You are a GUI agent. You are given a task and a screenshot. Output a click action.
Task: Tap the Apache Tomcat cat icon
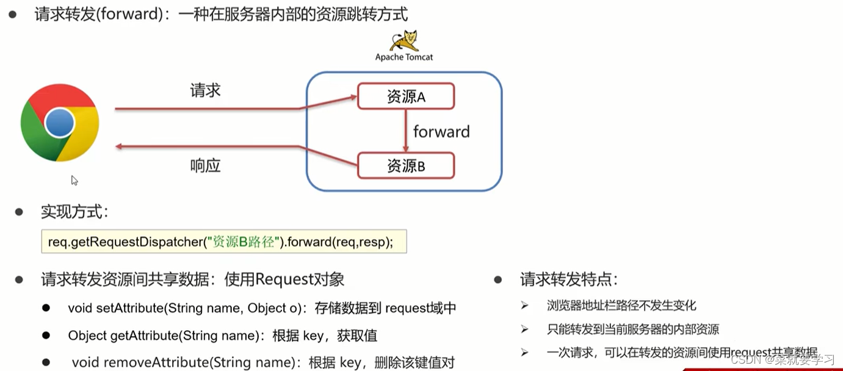click(404, 40)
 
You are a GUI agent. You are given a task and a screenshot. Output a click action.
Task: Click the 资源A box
click(405, 96)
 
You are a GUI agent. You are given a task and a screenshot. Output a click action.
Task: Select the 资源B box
click(405, 165)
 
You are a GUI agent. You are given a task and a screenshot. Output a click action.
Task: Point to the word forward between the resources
click(441, 131)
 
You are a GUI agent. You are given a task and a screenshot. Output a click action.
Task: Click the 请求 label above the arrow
click(205, 91)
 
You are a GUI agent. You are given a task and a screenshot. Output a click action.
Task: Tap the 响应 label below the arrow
click(205, 165)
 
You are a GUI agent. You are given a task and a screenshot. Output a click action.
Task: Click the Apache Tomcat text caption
click(404, 57)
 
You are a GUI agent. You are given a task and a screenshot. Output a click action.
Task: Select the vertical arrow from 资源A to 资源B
click(406, 131)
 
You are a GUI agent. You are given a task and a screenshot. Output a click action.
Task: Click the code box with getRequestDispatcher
click(223, 242)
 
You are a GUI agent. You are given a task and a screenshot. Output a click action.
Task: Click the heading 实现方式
click(74, 212)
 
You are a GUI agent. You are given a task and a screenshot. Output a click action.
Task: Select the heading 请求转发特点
click(569, 279)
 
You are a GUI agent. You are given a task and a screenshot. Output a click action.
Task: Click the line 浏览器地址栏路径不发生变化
click(621, 306)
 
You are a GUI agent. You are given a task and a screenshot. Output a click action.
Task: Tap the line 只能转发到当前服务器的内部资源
click(633, 330)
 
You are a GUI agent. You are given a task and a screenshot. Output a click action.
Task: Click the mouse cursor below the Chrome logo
click(74, 180)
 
